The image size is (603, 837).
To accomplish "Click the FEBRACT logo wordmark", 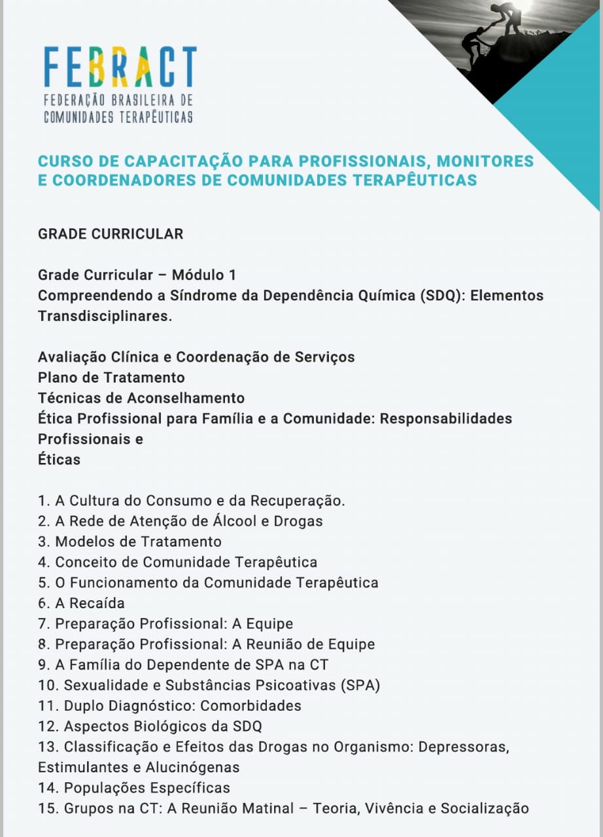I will tap(120, 67).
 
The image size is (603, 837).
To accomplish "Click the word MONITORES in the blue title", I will tap(485, 161).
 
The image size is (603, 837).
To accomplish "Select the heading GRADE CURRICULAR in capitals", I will tap(111, 233).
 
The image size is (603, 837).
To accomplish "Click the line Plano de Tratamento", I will tap(111, 377).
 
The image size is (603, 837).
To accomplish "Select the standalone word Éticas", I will tap(59, 459).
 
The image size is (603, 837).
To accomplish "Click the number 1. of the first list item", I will tap(44, 501).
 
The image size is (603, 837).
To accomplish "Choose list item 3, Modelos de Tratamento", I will tap(129, 541).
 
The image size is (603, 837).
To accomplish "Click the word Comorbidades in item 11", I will tap(250, 706).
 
